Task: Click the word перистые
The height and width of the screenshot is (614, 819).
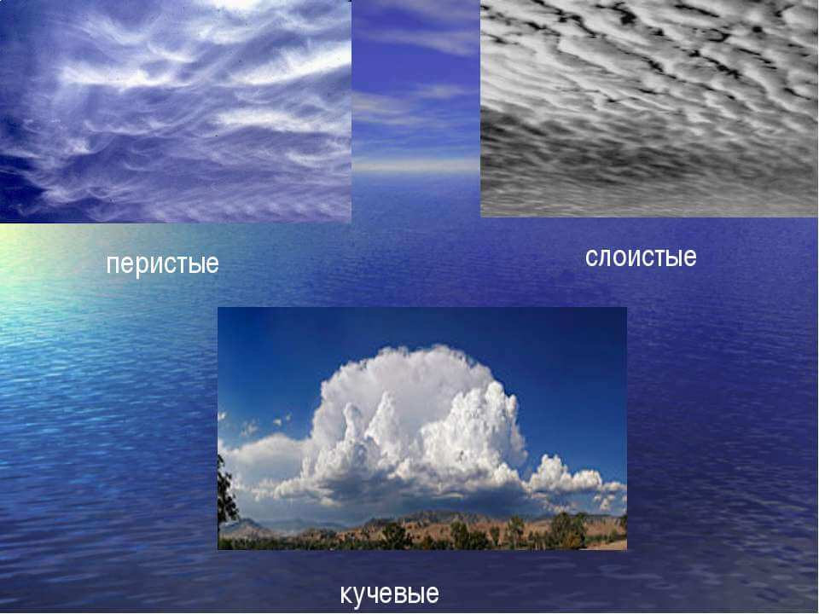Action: pyautogui.click(x=162, y=264)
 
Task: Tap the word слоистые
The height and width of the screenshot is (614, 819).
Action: pyautogui.click(x=641, y=258)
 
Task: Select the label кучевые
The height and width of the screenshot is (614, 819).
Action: pyautogui.click(x=390, y=594)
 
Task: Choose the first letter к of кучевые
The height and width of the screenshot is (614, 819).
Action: pyautogui.click(x=347, y=594)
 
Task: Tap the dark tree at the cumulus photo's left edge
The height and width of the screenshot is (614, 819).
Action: pyautogui.click(x=227, y=491)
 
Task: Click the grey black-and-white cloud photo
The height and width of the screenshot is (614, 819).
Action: pyautogui.click(x=649, y=107)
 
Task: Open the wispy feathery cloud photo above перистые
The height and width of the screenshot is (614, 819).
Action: pyautogui.click(x=175, y=111)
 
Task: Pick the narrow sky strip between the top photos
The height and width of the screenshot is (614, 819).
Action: pyautogui.click(x=415, y=89)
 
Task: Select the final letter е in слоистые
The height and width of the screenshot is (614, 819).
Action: pyautogui.click(x=690, y=258)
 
